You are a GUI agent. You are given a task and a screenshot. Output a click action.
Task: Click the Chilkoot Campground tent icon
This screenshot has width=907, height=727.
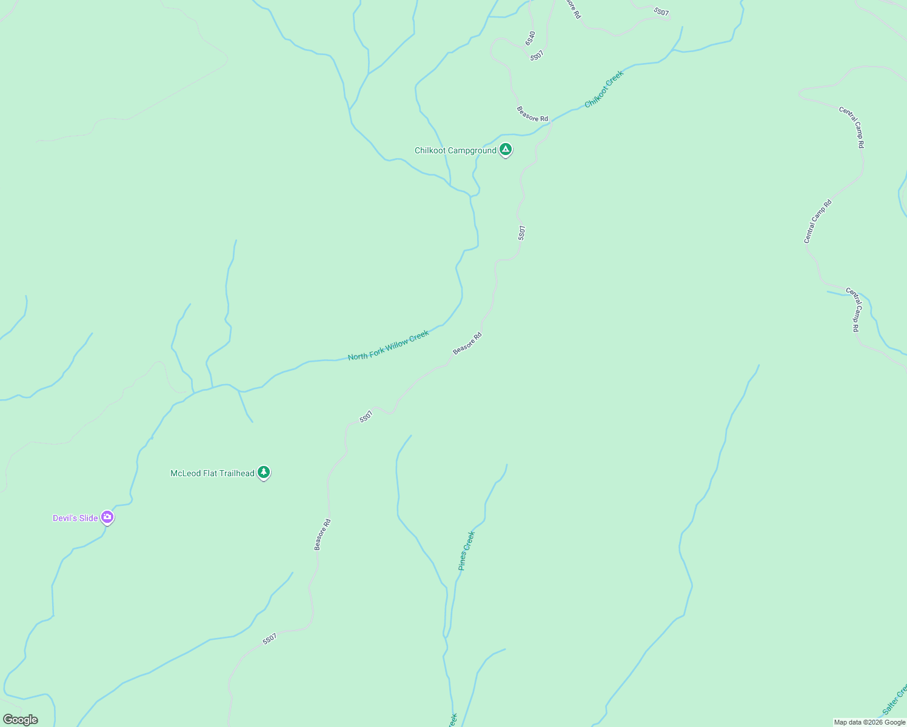[x=506, y=150]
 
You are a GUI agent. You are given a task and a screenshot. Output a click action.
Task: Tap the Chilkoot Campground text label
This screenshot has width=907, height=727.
[x=455, y=150]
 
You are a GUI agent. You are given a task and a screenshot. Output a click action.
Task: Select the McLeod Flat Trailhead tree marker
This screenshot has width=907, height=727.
[x=263, y=472]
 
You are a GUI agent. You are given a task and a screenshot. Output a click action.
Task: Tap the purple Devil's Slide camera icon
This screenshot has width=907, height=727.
[x=107, y=517]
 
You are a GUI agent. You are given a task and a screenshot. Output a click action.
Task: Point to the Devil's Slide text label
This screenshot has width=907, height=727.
[x=75, y=518]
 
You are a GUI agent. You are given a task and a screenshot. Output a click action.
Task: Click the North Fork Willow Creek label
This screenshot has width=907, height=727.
[x=388, y=345]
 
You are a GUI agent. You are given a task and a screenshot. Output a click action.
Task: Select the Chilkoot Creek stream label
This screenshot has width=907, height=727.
[x=604, y=89]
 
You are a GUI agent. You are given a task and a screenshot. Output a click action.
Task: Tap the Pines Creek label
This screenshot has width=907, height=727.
[x=466, y=551]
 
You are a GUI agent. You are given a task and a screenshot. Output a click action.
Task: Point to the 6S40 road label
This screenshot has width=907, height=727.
[x=530, y=38]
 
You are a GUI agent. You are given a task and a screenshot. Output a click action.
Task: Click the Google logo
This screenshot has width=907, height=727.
[x=20, y=720]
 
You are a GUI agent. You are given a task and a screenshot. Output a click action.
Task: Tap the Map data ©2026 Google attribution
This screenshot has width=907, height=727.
[x=869, y=722]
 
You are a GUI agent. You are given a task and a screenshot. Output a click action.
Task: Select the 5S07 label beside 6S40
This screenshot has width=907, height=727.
[x=537, y=55]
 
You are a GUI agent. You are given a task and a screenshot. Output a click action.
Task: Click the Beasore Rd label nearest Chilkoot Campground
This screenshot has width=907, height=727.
[x=532, y=114]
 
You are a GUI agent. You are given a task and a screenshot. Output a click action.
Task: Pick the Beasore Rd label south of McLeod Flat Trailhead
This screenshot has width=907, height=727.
[x=322, y=534]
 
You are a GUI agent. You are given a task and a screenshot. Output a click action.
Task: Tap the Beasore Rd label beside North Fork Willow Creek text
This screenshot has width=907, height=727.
[x=467, y=344]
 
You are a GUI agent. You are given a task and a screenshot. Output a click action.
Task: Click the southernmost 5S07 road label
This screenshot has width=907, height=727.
[x=270, y=639]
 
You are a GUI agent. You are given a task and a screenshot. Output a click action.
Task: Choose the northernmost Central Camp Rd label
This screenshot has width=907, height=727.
[x=851, y=127]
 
